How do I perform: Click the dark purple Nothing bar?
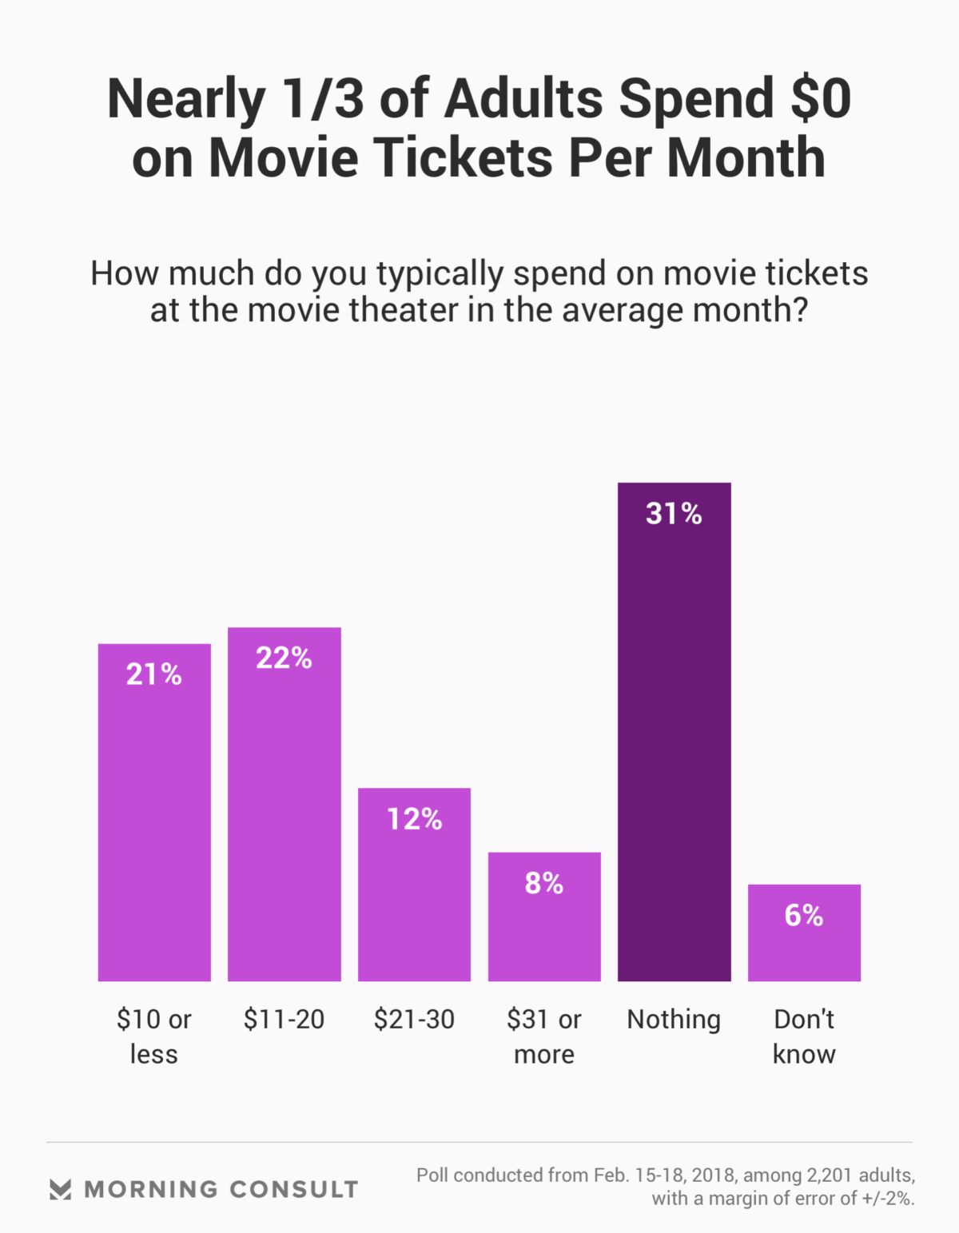click(674, 751)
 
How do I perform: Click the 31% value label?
click(674, 514)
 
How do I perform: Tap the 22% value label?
click(284, 658)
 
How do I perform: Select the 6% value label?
click(804, 916)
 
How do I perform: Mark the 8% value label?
click(544, 884)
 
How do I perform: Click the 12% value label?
click(414, 819)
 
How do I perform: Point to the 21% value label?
click(154, 675)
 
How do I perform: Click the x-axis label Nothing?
click(674, 1020)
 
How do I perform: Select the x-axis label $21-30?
click(414, 1020)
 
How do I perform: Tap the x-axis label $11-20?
click(284, 1020)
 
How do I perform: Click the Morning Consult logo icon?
click(61, 1189)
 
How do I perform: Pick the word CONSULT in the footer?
click(293, 1189)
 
